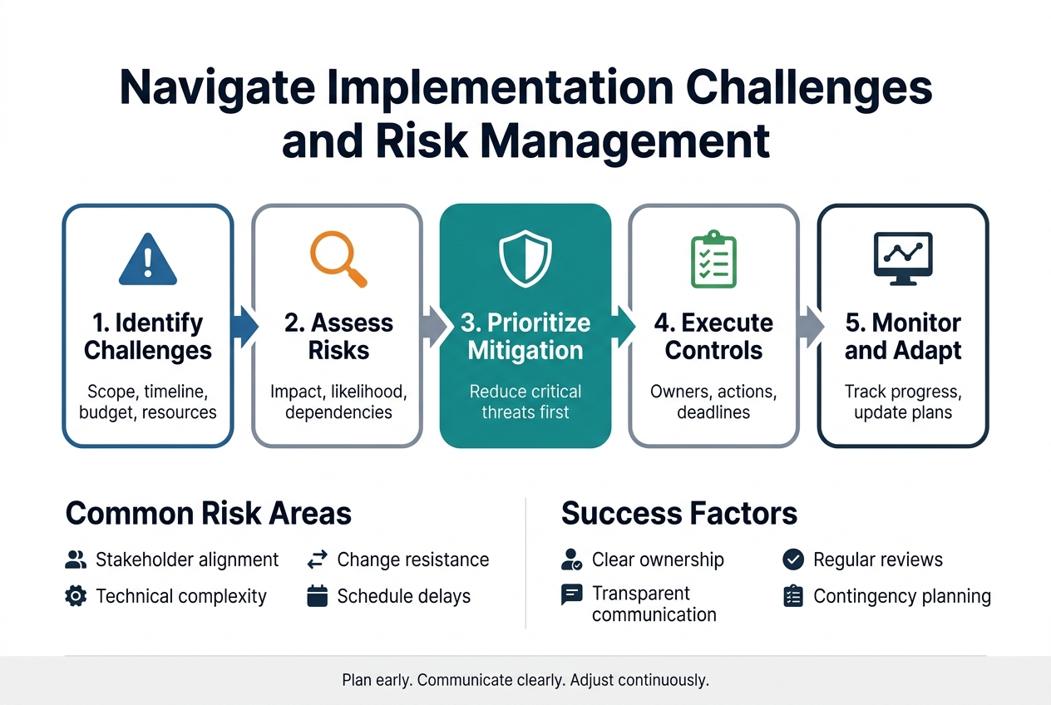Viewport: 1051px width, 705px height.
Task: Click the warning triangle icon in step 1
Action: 148,259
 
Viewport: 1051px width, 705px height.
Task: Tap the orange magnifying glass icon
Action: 338,259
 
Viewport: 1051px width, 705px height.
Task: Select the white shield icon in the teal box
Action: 525,259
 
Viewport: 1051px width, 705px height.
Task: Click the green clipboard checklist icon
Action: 713,260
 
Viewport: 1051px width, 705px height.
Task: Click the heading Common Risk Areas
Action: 208,514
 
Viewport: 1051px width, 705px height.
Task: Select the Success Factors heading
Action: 678,514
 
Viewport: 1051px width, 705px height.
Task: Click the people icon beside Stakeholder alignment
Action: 75,560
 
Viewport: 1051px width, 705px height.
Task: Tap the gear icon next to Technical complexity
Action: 75,596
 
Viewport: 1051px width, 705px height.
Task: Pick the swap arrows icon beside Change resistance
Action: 318,560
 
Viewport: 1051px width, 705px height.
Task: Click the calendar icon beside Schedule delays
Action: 318,596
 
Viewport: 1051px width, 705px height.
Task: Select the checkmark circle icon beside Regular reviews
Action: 793,560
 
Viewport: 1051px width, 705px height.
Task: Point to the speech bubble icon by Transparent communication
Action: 572,594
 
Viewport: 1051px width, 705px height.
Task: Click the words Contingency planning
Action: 902,596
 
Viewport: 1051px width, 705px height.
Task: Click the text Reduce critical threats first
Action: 525,402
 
